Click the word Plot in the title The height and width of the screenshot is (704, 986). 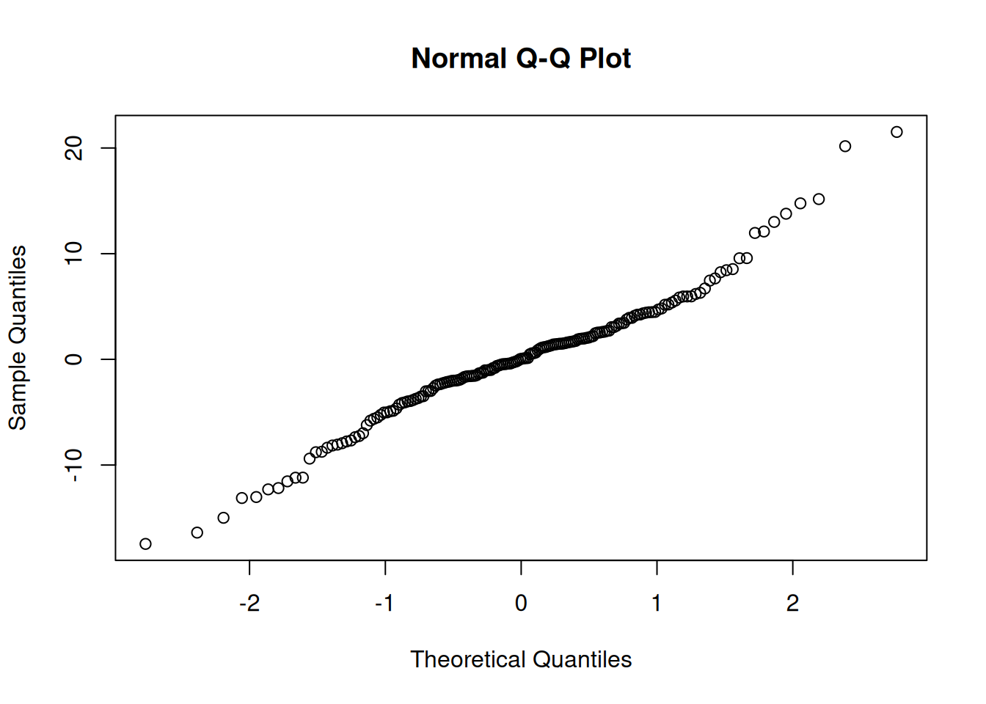point(605,59)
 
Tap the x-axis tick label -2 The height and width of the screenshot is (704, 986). point(249,604)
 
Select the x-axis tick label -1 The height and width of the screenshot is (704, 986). point(384,604)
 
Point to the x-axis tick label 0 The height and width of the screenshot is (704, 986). point(521,604)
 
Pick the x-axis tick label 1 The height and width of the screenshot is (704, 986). point(657,604)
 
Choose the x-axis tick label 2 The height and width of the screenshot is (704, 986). point(792,604)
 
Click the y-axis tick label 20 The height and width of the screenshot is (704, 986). point(74,149)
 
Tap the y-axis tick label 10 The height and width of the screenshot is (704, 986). point(74,254)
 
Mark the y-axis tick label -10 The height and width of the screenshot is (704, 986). point(74,465)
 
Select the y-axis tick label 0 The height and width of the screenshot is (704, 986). point(74,359)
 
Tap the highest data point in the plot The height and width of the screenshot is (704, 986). point(896,132)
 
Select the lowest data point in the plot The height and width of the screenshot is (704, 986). point(145,544)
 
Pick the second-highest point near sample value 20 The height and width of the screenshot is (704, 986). point(845,146)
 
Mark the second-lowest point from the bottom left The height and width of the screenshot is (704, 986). point(197,532)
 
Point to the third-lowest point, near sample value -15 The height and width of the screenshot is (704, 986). point(224,518)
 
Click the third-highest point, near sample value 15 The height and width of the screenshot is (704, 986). point(819,199)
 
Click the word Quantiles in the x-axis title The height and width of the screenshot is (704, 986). point(583,659)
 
